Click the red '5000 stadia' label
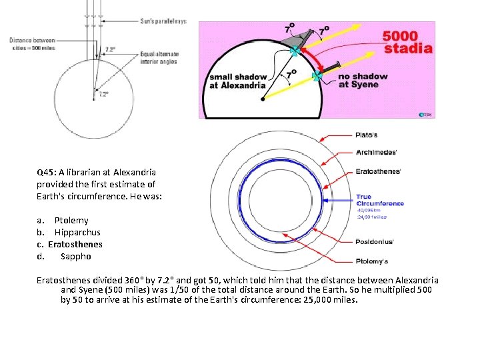click(x=408, y=41)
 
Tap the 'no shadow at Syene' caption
click(x=362, y=80)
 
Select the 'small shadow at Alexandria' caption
click(x=237, y=81)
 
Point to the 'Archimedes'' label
click(x=376, y=152)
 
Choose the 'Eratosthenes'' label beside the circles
click(x=378, y=171)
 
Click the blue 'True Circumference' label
click(x=379, y=200)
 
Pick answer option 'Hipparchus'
click(x=77, y=232)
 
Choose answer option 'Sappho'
click(x=75, y=256)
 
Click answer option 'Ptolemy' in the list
click(x=71, y=220)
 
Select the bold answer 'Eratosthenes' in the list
click(x=75, y=244)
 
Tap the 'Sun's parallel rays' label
click(x=163, y=21)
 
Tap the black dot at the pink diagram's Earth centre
click(x=262, y=99)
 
